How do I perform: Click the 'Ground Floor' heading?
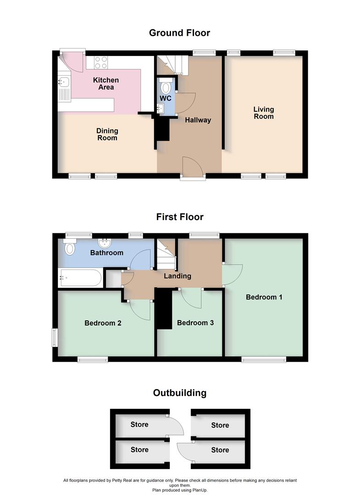tap(179, 33)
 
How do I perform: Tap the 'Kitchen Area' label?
tap(106, 84)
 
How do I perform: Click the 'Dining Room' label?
tap(107, 134)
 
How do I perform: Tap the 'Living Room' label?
tap(264, 113)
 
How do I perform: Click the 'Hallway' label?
tap(198, 120)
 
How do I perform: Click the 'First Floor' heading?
tap(179, 217)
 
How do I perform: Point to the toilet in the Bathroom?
tap(70, 248)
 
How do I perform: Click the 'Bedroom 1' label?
tap(264, 297)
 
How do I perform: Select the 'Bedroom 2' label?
tap(103, 323)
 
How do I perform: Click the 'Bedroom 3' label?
tap(195, 323)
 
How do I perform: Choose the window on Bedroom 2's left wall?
tap(54, 337)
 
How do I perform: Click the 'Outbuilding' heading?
tap(179, 393)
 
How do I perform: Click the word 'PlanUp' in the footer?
tap(200, 490)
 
